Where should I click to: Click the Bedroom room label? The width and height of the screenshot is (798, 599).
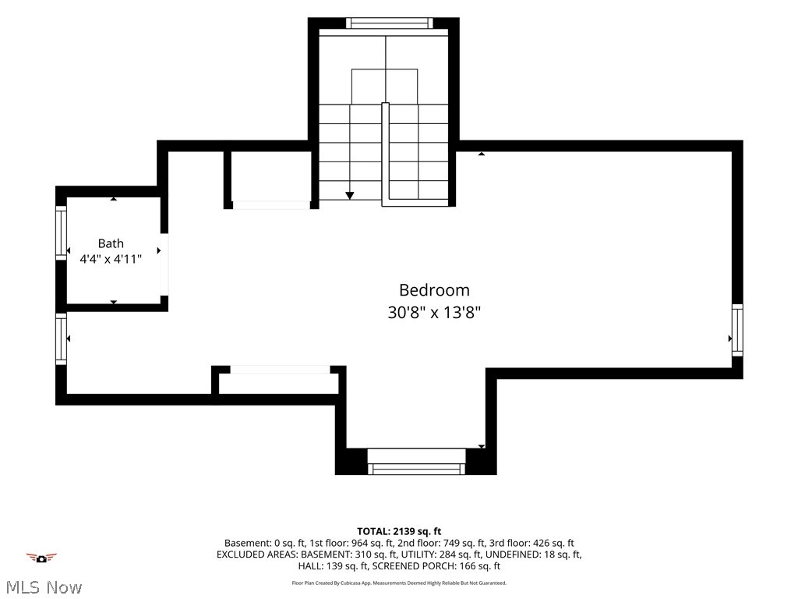tap(434, 290)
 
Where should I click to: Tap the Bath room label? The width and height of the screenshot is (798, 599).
tap(111, 243)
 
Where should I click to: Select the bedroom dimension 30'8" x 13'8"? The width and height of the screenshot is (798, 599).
tap(434, 312)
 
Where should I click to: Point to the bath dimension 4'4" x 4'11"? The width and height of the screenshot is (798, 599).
tap(111, 259)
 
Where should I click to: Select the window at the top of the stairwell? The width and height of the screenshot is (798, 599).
tap(390, 23)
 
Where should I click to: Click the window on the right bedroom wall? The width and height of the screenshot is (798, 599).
tap(737, 330)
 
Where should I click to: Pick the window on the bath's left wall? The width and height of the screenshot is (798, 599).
tap(61, 232)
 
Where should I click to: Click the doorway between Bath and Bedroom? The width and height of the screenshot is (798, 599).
tap(164, 264)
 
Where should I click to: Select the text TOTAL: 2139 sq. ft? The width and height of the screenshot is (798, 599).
tap(399, 532)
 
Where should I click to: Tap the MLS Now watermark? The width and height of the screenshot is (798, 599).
tap(44, 588)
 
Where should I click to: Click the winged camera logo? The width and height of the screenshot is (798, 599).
tap(41, 558)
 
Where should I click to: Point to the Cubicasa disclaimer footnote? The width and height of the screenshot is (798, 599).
tap(399, 583)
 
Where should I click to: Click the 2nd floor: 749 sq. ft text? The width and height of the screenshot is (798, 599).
tap(441, 543)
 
